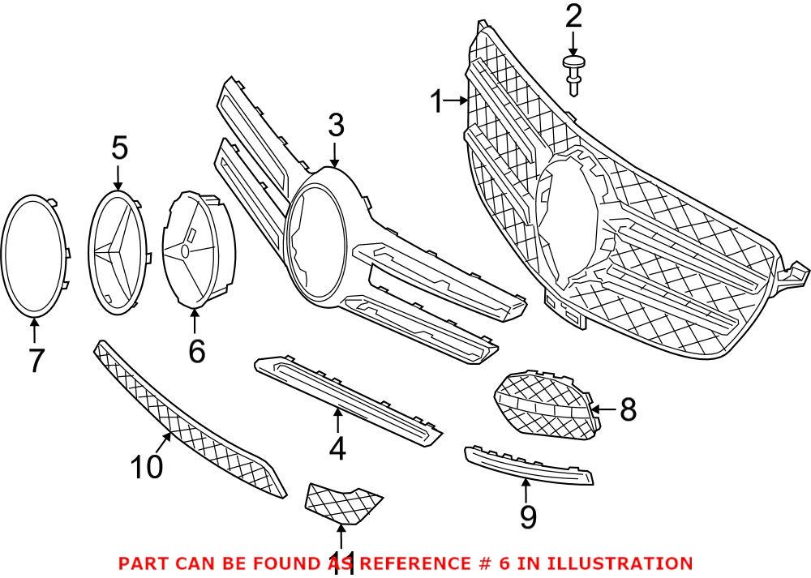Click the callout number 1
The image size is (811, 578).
pos(436,103)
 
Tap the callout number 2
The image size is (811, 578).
pos(573,15)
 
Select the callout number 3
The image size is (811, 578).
pos(336,126)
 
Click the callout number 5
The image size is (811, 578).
pos(119,148)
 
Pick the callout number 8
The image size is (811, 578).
pos(628,410)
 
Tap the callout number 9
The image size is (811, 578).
pos(528,516)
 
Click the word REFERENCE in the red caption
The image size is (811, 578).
pos(414,563)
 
